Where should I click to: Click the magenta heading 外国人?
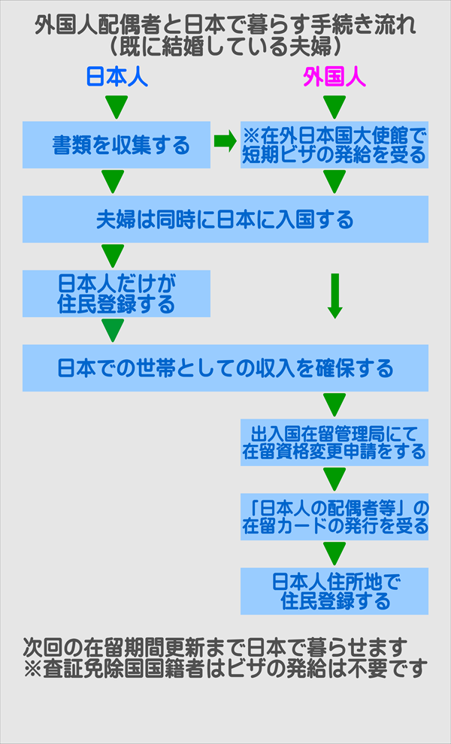coord(334,77)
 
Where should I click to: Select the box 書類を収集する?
coord(116,144)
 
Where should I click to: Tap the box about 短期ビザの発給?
coord(334,144)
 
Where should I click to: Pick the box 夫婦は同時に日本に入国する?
coord(225,219)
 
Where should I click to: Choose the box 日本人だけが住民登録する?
coord(116,293)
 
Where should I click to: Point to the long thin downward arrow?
coord(335,295)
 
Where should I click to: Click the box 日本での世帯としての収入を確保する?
coord(225,368)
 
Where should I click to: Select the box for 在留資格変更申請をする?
coord(334,442)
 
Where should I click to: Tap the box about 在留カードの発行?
coord(334,516)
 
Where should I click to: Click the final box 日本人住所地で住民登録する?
coord(334,591)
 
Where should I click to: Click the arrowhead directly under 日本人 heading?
coord(114,107)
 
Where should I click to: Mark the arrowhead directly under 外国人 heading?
coord(334,107)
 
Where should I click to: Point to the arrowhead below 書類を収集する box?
coord(114,181)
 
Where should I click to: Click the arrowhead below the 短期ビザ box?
coord(334,181)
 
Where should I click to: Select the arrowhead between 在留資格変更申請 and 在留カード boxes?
coord(334,479)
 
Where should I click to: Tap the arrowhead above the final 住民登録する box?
coord(334,552)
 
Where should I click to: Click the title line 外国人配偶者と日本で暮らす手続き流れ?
coord(225,26)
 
